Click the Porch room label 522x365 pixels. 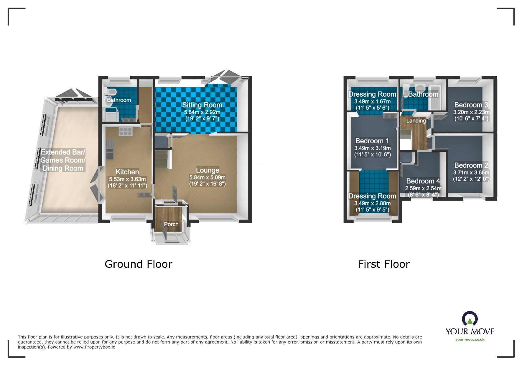[x=171, y=224]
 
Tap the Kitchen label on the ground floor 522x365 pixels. [x=127, y=172]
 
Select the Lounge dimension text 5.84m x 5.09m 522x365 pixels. [x=207, y=177]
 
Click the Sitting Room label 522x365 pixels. [x=202, y=105]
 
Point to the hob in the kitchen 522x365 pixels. [x=126, y=131]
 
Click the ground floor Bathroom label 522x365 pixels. [x=119, y=100]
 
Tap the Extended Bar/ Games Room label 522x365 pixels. [x=63, y=156]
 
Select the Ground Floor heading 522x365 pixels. [x=139, y=264]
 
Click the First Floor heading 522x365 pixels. [x=384, y=264]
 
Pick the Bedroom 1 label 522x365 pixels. [x=372, y=141]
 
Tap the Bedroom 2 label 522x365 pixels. [x=471, y=165]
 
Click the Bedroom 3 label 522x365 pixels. [x=471, y=105]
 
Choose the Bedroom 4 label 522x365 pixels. [x=423, y=181]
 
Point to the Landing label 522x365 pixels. [x=416, y=121]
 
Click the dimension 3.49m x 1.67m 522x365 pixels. [x=372, y=101]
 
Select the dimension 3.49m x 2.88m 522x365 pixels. [x=372, y=203]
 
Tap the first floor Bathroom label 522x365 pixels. [x=423, y=94]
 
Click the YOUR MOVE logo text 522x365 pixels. [x=470, y=331]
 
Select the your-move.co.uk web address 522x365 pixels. [x=470, y=340]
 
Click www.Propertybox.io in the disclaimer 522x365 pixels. [x=94, y=347]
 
